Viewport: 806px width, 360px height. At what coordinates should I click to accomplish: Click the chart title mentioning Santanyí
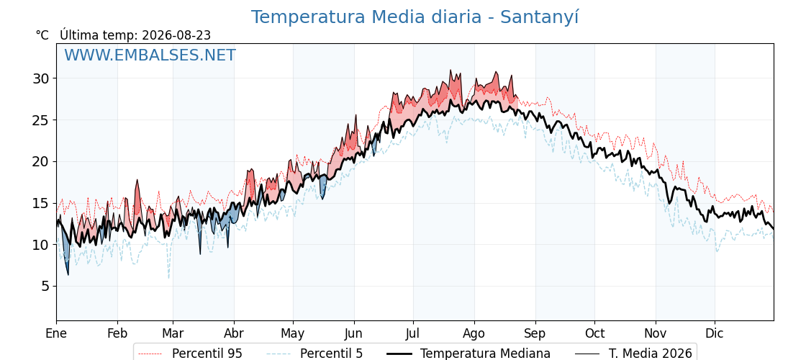(x=415, y=17)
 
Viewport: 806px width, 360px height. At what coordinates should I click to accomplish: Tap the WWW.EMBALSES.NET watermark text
(x=150, y=55)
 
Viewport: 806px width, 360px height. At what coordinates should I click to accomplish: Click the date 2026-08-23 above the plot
(x=176, y=35)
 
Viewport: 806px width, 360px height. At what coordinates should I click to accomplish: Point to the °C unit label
(x=42, y=35)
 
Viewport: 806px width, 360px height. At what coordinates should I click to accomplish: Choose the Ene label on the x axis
(x=56, y=333)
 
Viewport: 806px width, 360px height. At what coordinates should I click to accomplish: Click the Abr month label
(x=234, y=333)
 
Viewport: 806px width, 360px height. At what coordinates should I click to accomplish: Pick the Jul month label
(x=413, y=333)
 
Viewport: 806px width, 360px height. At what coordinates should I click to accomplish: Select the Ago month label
(x=474, y=334)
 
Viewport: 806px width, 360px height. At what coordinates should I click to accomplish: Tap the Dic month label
(x=715, y=333)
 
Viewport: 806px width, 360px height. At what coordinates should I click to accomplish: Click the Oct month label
(x=594, y=333)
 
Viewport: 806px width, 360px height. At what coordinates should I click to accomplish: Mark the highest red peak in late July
(x=450, y=70)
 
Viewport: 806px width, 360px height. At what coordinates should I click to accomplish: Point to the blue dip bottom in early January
(x=68, y=274)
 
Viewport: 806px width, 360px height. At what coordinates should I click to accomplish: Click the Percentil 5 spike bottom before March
(x=168, y=278)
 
